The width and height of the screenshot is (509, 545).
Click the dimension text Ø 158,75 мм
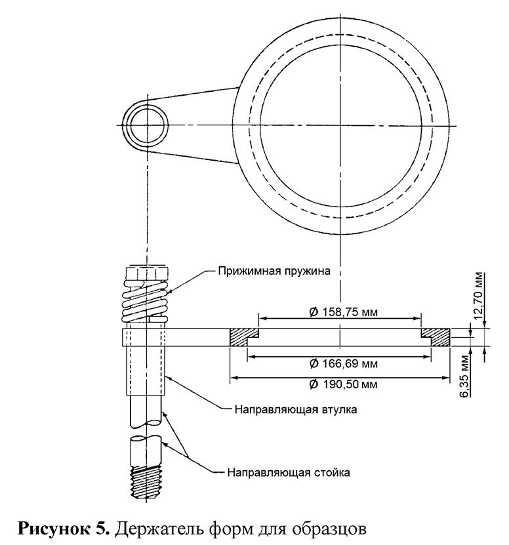click(339, 312)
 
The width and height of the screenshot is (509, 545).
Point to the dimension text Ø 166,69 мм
click(339, 363)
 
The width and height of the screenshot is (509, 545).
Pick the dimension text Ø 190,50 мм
click(339, 384)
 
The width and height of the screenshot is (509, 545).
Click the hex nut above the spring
click(146, 271)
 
